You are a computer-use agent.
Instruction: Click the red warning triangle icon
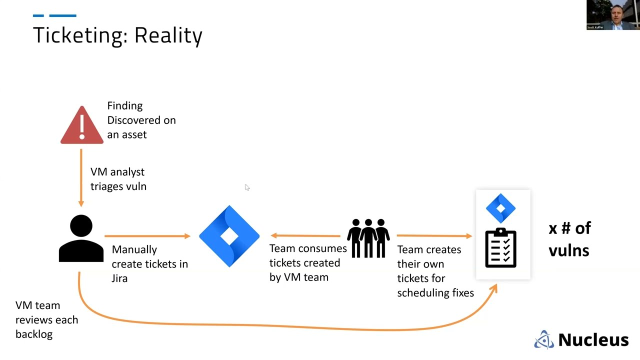point(82,125)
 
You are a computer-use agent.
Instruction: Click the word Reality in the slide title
point(168,35)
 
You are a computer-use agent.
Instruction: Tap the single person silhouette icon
point(81,238)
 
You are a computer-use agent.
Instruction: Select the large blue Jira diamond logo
point(229,236)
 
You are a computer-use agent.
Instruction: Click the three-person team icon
point(368,238)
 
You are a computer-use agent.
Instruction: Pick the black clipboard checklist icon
point(500,248)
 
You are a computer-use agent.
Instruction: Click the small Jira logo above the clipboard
point(500,208)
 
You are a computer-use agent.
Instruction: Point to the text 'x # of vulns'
point(569,239)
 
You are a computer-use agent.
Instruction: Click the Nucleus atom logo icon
point(544,339)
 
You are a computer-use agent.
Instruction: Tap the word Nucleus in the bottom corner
point(593,340)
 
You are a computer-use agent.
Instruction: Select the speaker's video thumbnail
point(613,15)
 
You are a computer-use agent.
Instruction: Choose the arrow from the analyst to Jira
point(147,235)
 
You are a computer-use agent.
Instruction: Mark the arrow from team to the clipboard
point(434,235)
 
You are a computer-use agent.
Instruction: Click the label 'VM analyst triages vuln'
point(118,179)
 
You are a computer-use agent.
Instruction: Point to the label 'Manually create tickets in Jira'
point(149,263)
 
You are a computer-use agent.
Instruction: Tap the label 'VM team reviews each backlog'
point(46,319)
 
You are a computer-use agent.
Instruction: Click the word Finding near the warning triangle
point(125,106)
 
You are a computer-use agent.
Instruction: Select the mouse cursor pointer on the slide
point(247,187)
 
